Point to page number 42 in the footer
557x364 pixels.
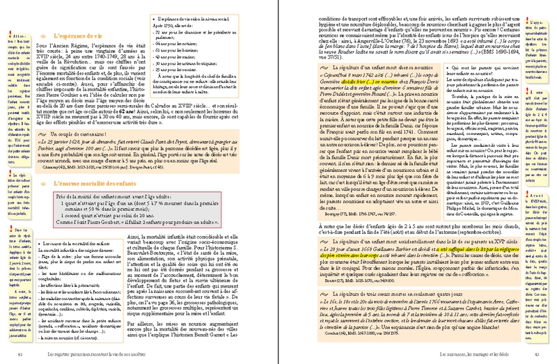22,356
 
